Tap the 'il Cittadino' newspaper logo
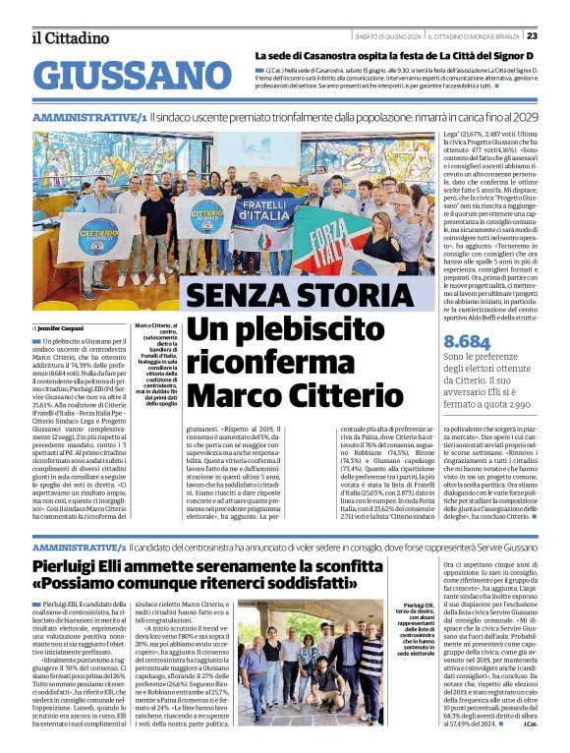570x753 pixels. click(x=70, y=37)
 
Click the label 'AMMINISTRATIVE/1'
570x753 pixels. click(x=89, y=117)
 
